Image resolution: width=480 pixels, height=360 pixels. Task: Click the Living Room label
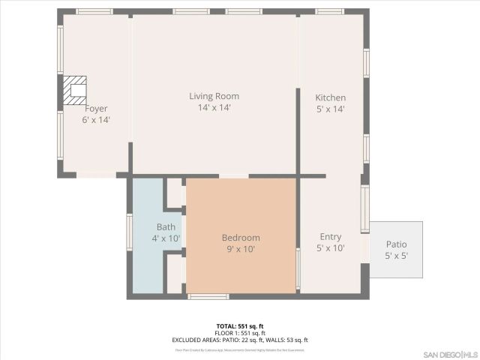pyautogui.click(x=214, y=96)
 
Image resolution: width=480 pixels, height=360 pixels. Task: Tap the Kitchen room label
pyautogui.click(x=330, y=98)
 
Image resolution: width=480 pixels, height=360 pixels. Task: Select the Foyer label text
pyautogui.click(x=96, y=109)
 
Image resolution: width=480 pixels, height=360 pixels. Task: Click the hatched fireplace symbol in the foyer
pyautogui.click(x=74, y=90)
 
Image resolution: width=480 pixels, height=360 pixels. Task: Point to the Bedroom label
pyautogui.click(x=241, y=238)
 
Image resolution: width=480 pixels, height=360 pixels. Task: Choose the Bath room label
pyautogui.click(x=166, y=227)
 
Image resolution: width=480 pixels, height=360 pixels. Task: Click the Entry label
pyautogui.click(x=330, y=237)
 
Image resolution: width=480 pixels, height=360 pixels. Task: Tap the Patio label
pyautogui.click(x=396, y=244)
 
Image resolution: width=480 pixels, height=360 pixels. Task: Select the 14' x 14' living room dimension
pyautogui.click(x=214, y=108)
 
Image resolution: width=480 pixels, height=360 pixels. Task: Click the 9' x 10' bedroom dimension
pyautogui.click(x=241, y=250)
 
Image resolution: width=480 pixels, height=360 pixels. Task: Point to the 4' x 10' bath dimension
pyautogui.click(x=166, y=238)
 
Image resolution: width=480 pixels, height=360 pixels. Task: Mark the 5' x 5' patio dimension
pyautogui.click(x=396, y=256)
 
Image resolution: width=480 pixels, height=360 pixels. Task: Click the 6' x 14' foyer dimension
pyautogui.click(x=96, y=120)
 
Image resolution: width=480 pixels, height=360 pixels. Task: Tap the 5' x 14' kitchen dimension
pyautogui.click(x=330, y=109)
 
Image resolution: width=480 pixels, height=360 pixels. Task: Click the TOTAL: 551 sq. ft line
pyautogui.click(x=240, y=326)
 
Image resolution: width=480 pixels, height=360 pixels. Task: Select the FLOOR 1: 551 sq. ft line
pyautogui.click(x=240, y=333)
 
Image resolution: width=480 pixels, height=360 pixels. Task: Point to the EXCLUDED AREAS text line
pyautogui.click(x=240, y=340)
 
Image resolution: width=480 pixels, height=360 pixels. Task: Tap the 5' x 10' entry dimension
pyautogui.click(x=330, y=248)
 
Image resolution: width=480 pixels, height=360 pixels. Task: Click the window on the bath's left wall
pyautogui.click(x=129, y=232)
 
